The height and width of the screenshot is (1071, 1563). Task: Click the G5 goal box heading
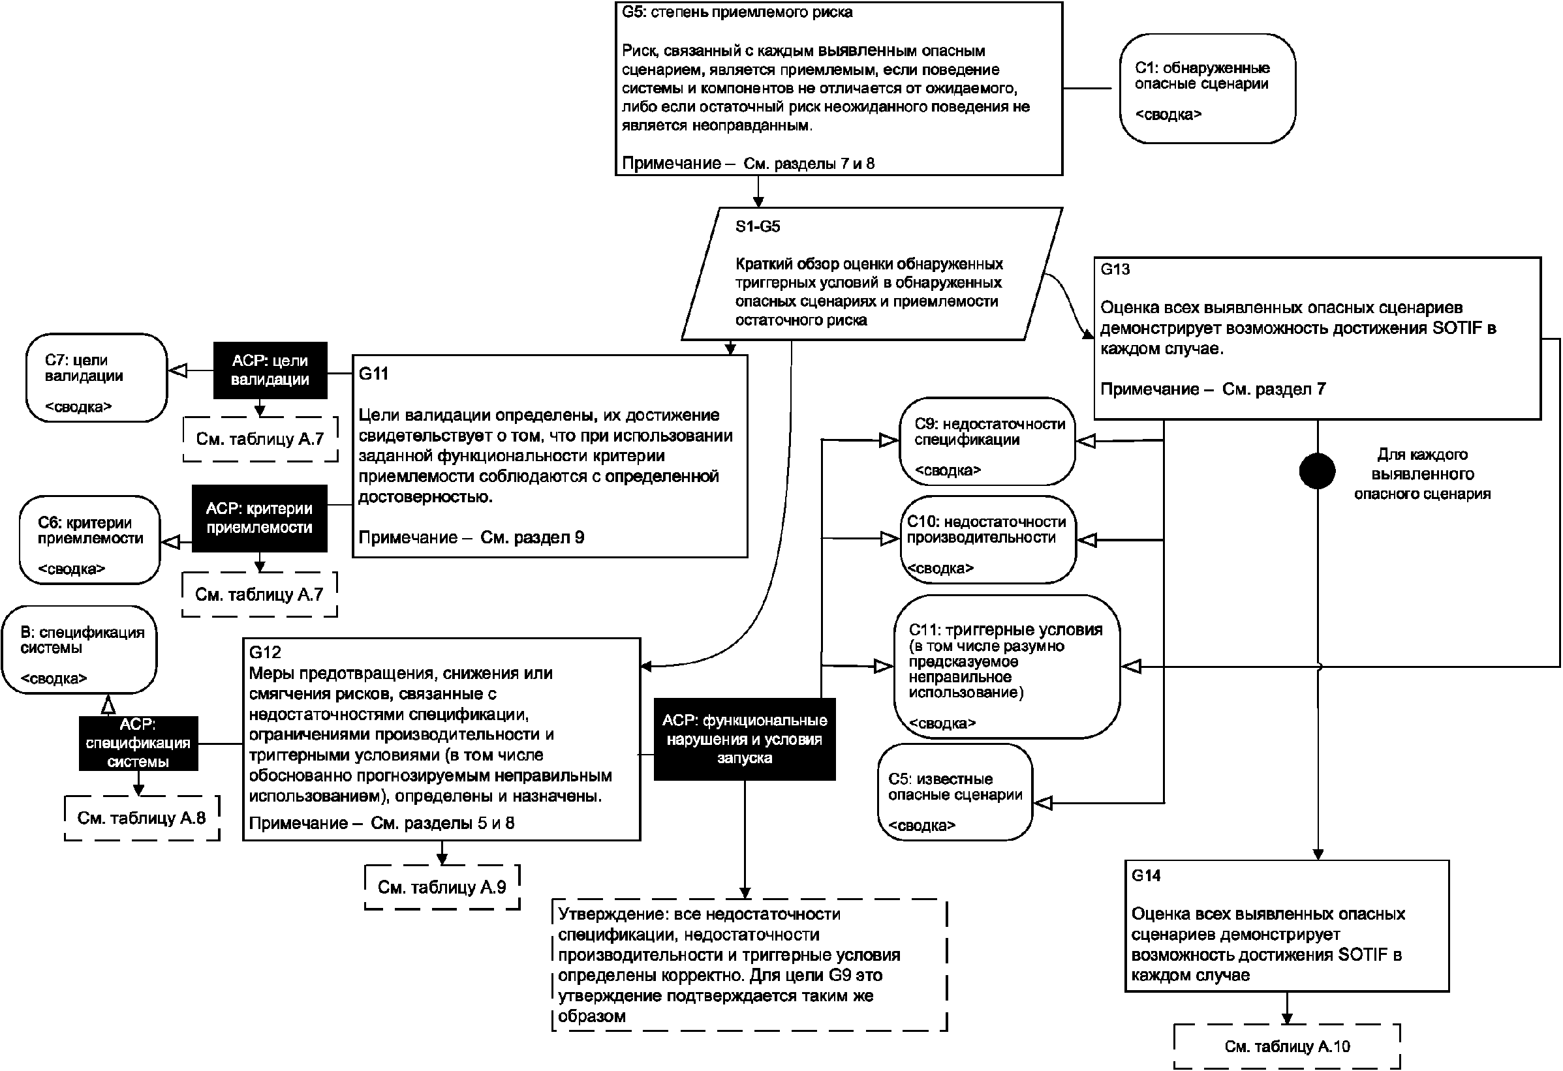point(737,13)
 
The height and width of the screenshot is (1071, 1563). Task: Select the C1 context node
point(1207,89)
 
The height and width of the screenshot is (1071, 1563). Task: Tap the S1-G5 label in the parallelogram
point(757,226)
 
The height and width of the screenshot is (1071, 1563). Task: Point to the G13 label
point(1115,269)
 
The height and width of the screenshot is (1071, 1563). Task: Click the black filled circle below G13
point(1317,471)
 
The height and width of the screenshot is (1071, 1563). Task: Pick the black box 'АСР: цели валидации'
point(270,370)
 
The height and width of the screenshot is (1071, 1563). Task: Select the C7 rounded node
point(96,378)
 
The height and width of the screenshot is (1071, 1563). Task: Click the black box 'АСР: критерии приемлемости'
point(260,519)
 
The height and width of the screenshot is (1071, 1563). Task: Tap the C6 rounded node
point(90,540)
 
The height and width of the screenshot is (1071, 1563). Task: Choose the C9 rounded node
point(987,442)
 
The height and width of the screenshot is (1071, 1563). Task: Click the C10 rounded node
point(987,540)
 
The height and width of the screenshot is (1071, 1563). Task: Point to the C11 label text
point(1006,630)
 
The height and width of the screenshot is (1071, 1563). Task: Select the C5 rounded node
point(954,792)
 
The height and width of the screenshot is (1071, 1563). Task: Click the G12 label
point(265,652)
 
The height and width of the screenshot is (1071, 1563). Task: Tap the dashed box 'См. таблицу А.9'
point(442,888)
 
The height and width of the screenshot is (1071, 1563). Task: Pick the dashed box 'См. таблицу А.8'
point(141,817)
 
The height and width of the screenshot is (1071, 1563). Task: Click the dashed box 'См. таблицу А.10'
point(1286,1047)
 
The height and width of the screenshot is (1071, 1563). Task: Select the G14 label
point(1146,875)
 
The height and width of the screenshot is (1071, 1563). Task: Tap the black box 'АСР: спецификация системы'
point(138,743)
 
